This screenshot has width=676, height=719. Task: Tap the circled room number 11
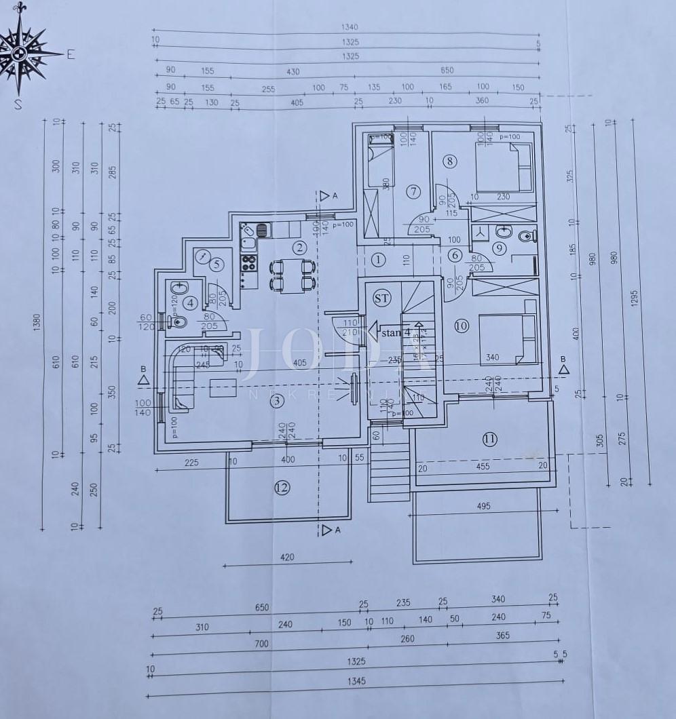489,439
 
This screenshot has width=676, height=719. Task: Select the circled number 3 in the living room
276,401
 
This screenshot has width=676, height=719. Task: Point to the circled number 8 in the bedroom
449,161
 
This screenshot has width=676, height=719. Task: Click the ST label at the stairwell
381,297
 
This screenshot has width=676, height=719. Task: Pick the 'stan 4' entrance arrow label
390,332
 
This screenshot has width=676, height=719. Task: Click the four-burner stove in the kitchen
249,262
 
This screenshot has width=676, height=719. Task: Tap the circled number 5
216,265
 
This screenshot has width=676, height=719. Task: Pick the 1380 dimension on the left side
37,320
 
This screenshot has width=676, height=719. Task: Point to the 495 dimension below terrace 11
483,506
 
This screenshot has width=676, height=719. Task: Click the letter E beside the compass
70,56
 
